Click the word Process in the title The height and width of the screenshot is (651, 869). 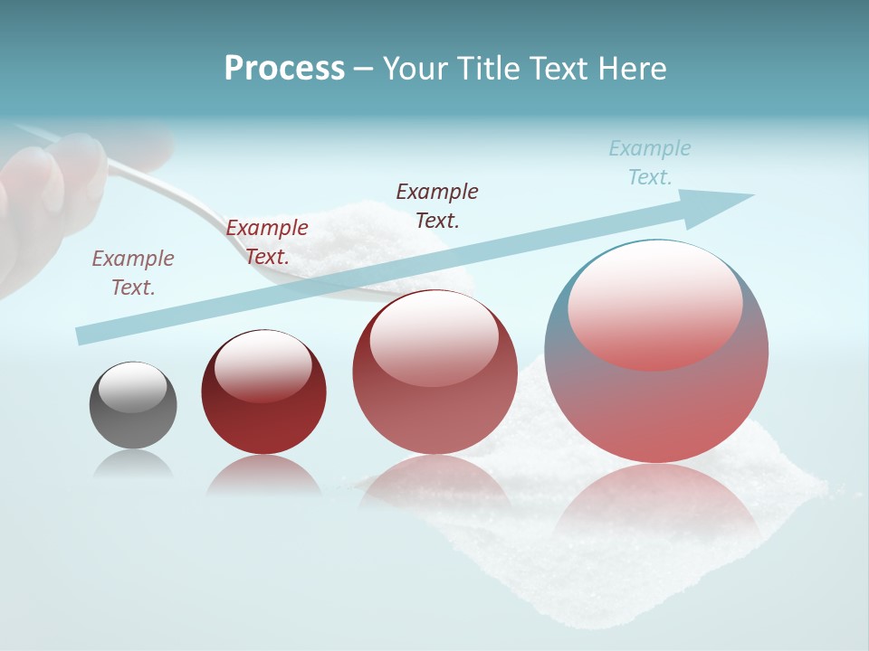click(284, 69)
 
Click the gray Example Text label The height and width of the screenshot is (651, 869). click(133, 273)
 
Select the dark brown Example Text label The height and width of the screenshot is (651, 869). click(437, 205)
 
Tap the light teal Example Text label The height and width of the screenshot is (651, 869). click(650, 163)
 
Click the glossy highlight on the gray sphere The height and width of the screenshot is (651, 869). click(133, 387)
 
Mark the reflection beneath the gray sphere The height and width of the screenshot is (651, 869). click(133, 465)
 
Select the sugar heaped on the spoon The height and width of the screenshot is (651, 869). click(353, 240)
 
